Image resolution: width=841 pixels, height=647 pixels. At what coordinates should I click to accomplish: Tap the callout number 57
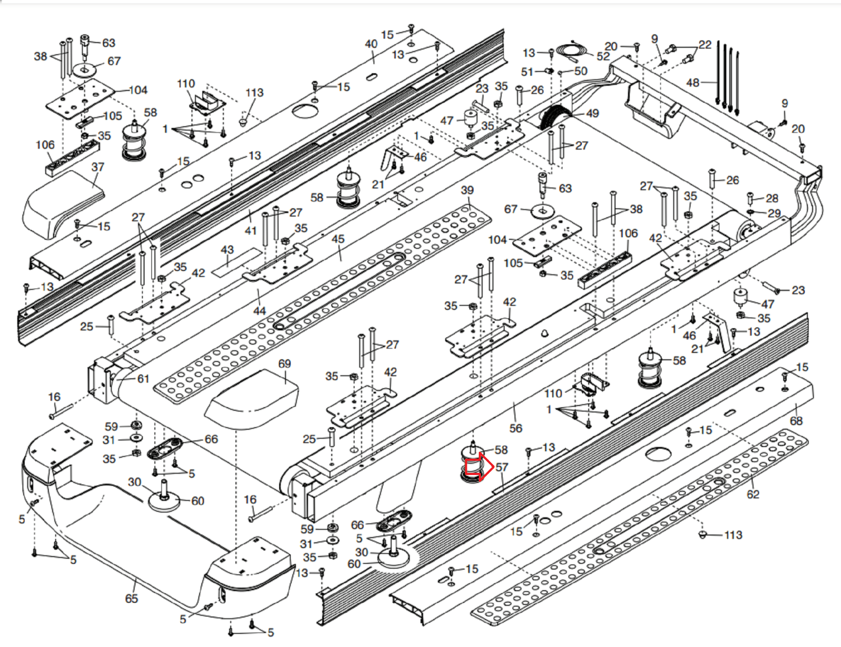coord(502,467)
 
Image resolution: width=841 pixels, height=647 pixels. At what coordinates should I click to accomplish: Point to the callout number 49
coord(592,113)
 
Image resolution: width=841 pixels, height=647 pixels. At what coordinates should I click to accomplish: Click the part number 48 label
coord(693,83)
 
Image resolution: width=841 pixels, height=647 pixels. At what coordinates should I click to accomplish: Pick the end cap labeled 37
coord(63,203)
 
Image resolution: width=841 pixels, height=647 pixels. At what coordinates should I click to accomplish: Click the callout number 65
coord(131,599)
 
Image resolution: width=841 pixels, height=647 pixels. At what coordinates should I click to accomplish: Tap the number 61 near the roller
coord(143,379)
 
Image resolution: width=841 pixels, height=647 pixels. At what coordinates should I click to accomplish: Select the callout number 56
coord(516,428)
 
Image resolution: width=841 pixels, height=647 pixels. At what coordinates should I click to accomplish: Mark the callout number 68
coord(796,421)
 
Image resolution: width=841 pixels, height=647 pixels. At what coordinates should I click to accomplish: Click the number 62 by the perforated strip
coord(753,494)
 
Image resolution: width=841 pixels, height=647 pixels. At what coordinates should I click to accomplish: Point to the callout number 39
coord(467,190)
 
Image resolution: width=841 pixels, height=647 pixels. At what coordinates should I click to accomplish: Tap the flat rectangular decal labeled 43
coord(237,262)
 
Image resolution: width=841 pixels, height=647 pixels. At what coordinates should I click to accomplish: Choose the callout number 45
coord(338,239)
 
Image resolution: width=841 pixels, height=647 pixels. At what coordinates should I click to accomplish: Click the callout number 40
coord(371,44)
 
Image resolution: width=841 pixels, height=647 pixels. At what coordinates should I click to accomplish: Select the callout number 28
coord(772,198)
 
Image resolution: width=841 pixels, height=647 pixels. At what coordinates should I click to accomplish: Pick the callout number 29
coord(774,214)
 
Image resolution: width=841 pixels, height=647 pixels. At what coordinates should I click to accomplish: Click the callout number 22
coord(705,45)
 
